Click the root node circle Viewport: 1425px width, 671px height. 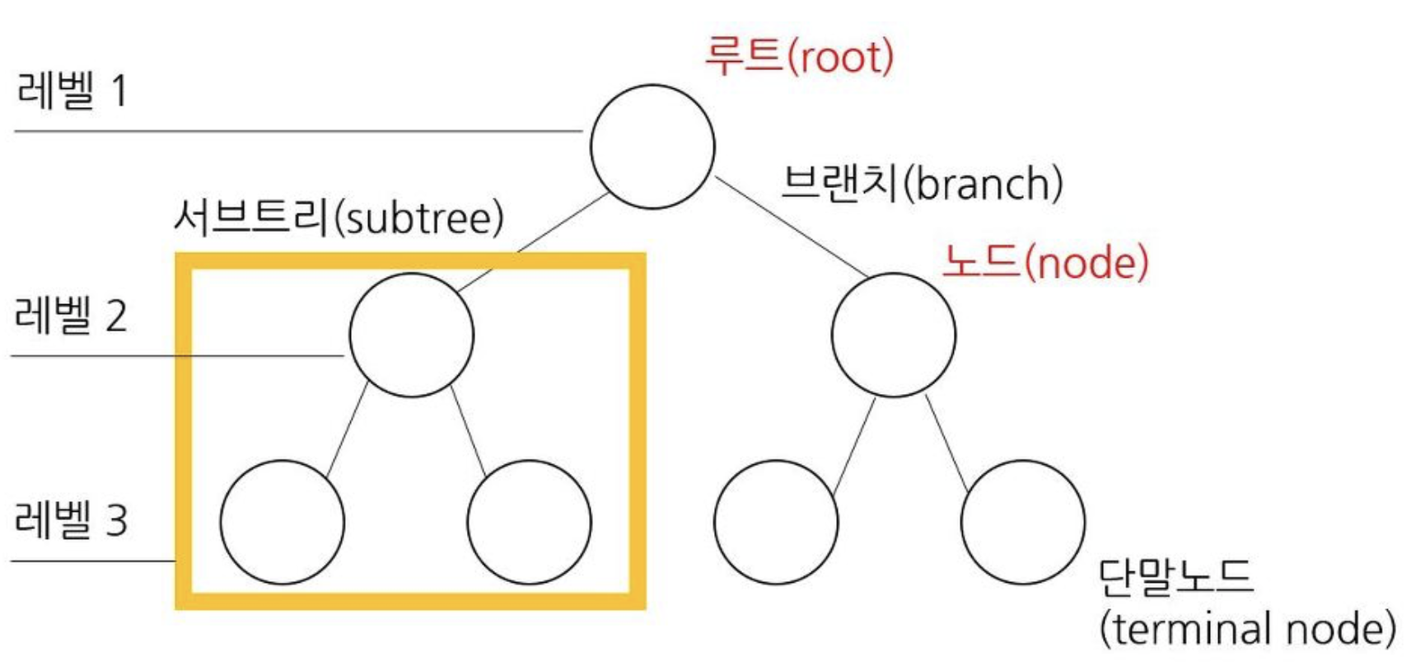[652, 147]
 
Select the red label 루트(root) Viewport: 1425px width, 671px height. [799, 57]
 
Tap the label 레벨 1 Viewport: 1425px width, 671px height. [72, 90]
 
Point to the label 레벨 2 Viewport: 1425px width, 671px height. [71, 315]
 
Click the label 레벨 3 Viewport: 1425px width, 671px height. [71, 520]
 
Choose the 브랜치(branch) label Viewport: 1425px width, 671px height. [922, 183]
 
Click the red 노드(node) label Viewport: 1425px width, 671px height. [1045, 262]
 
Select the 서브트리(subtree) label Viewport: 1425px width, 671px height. [339, 218]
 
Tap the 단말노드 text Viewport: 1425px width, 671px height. [1175, 577]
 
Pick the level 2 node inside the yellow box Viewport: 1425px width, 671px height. [411, 335]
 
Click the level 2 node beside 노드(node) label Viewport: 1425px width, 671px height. [894, 335]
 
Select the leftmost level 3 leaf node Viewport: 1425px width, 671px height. [282, 522]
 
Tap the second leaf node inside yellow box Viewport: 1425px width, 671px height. [529, 522]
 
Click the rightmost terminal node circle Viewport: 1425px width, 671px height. [1022, 522]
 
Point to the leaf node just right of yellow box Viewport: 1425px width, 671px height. [776, 522]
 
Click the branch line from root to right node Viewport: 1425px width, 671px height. [791, 226]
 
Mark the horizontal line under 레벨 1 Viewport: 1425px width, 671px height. [297, 131]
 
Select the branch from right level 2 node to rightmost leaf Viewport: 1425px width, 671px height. [946, 443]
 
